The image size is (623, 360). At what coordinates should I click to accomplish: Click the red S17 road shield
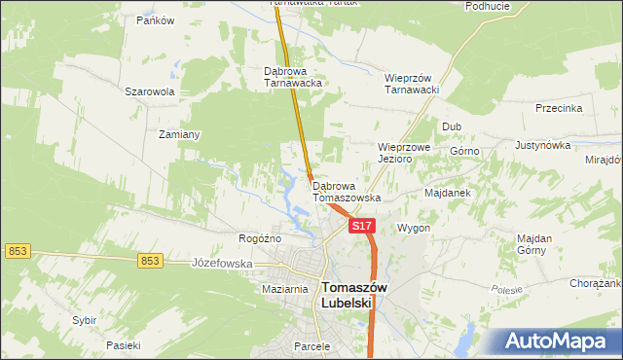pyautogui.click(x=361, y=226)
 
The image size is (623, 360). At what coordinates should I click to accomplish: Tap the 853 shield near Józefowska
pyautogui.click(x=149, y=260)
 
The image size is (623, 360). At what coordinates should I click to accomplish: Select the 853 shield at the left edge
pyautogui.click(x=17, y=251)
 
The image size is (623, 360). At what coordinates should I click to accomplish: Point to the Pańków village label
pyautogui.click(x=155, y=20)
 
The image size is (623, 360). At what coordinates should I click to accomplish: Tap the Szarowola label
pyautogui.click(x=149, y=91)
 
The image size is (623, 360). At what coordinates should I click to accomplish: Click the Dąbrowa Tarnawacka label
pyautogui.click(x=293, y=77)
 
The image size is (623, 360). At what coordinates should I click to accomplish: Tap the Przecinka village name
pyautogui.click(x=558, y=109)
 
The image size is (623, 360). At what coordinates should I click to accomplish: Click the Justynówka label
pyautogui.click(x=542, y=145)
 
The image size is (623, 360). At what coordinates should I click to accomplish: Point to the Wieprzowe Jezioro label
pyautogui.click(x=403, y=153)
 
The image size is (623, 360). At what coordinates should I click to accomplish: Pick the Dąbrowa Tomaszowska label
pyautogui.click(x=347, y=191)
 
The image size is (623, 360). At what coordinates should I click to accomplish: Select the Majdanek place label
pyautogui.click(x=448, y=193)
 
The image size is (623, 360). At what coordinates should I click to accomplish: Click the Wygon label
pyautogui.click(x=414, y=228)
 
